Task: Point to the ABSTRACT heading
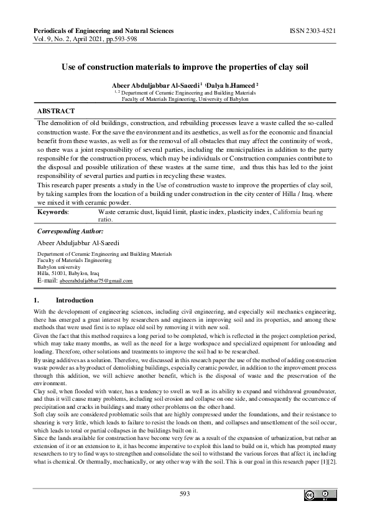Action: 56,110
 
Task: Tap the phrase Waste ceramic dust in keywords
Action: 124,212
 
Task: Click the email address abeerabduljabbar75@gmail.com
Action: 96,281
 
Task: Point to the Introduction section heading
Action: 75,300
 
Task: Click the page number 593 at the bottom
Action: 185,494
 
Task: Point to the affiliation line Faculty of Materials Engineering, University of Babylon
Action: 185,98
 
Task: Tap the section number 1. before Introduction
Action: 36,300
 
